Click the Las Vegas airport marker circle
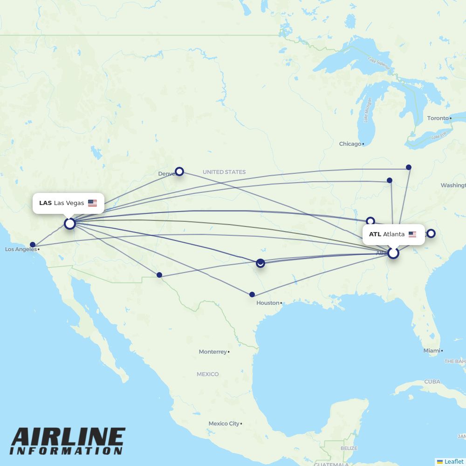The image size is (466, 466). click(70, 224)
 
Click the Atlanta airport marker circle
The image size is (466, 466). click(393, 253)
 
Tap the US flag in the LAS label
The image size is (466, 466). click(92, 203)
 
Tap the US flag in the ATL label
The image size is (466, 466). click(412, 234)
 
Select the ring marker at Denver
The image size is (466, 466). click(179, 171)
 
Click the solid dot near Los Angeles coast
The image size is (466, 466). click(33, 245)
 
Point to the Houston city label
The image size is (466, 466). click(267, 303)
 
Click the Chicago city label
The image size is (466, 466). click(350, 144)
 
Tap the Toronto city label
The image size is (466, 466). click(438, 118)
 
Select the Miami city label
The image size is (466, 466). click(432, 350)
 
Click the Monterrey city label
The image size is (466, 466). click(212, 352)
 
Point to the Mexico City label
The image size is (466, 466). click(224, 424)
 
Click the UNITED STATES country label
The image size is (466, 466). click(224, 172)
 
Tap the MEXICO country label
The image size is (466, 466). click(207, 374)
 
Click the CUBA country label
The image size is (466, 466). click(432, 382)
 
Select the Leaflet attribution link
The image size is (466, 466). click(453, 461)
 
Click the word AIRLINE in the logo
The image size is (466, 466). click(68, 438)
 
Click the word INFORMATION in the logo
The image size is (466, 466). click(66, 451)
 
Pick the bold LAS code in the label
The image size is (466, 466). click(45, 203)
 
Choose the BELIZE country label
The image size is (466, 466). click(349, 448)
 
